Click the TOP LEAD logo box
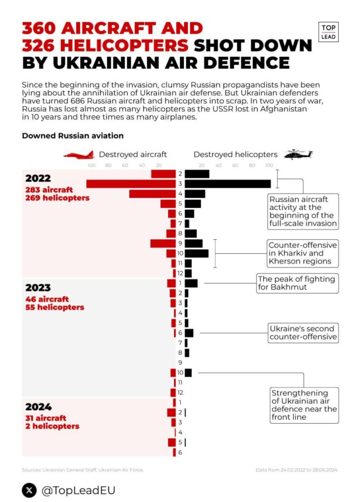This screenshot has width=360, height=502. pos(328,32)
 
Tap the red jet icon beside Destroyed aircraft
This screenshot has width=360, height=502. pos(79,155)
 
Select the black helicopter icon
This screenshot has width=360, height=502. pos(298,154)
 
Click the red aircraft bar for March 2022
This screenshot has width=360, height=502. pos(131,184)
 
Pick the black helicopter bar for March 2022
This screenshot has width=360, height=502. pos(228,184)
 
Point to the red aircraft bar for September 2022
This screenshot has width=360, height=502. pos(163,243)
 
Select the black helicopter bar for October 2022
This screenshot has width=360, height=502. pos(197,253)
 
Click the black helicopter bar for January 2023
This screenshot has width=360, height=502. pos(192,283)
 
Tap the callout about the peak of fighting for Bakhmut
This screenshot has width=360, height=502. pos(297,283)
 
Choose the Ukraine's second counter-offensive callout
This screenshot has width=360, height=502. pos(303,333)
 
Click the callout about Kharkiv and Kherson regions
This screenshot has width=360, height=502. pos(303,253)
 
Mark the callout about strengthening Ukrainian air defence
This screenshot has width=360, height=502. pos(304,405)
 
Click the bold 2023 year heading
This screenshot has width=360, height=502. pos(38,287)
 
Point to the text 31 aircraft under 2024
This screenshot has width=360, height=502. pos(46,418)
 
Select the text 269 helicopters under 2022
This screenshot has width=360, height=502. pos(57,198)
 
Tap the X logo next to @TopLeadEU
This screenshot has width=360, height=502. pos(29,490)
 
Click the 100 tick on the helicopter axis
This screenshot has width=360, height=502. pos(269,166)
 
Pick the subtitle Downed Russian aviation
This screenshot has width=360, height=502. pos(72,136)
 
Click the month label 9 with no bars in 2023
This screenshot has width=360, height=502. pos(180,362)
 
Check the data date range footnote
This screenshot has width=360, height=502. pos(297,470)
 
